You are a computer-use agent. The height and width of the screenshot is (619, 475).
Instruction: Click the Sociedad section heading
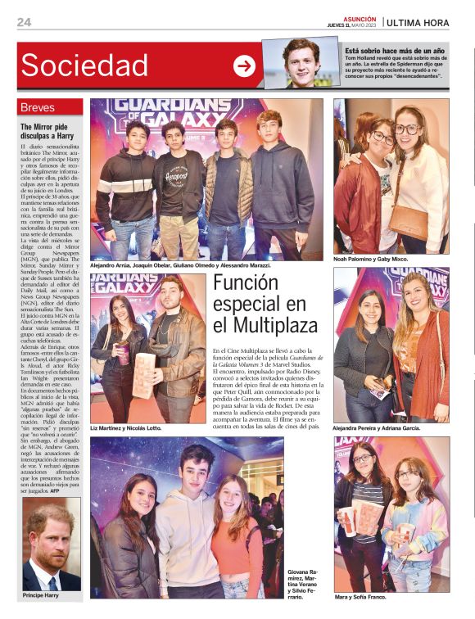coord(85,66)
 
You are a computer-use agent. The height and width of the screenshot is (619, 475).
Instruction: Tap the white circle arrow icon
coord(244,66)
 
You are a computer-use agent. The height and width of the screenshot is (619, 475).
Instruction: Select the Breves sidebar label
coord(38,107)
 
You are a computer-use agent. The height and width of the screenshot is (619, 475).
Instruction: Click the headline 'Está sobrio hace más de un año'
coord(395,51)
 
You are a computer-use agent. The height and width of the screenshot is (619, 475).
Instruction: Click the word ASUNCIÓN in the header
coord(360,18)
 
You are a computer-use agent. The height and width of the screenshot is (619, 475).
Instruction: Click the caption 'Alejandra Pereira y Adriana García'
coord(387,428)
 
